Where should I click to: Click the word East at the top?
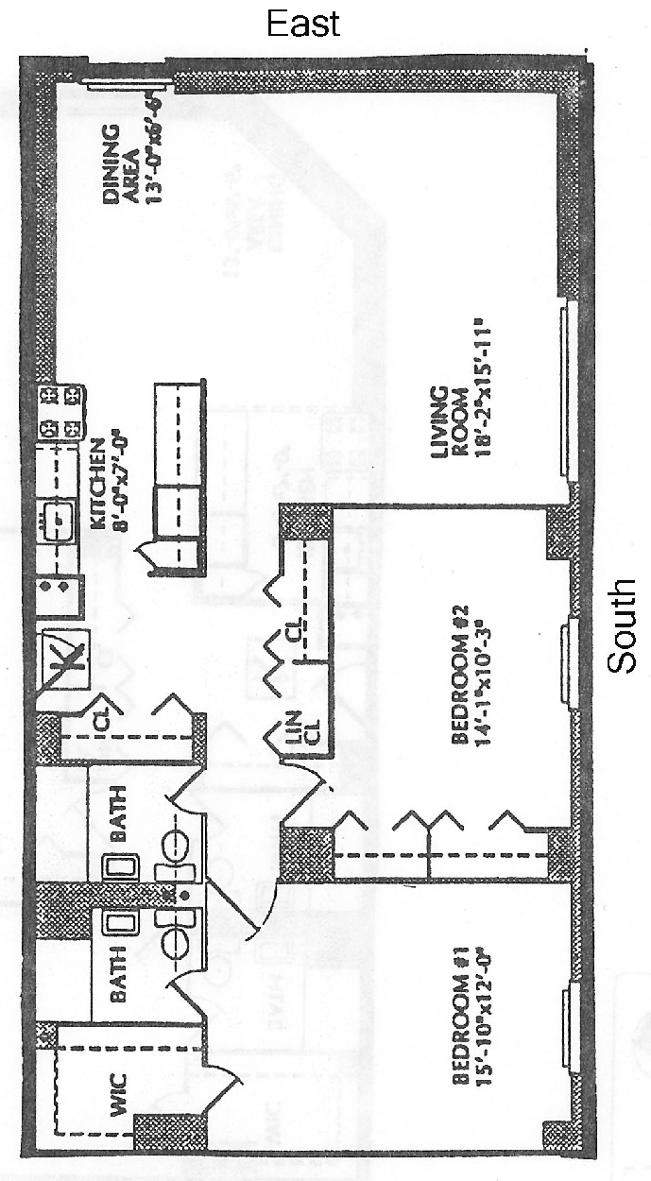tap(303, 24)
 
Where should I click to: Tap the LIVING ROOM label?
tap(447, 425)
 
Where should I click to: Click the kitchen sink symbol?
tap(60, 516)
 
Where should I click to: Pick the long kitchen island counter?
tap(180, 477)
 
